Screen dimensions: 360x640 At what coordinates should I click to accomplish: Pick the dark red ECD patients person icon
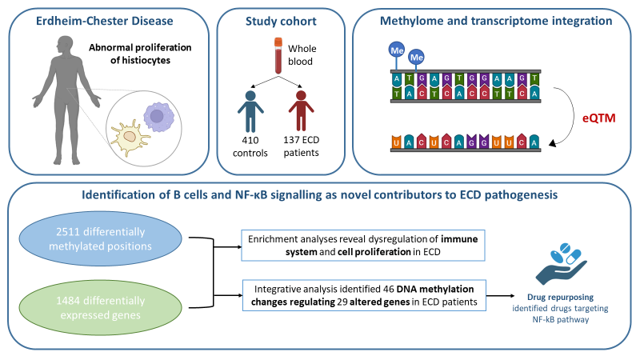tap(301, 111)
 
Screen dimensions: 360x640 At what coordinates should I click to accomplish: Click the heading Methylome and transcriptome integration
tap(489, 22)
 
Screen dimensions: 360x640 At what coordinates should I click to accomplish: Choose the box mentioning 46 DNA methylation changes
tap(363, 296)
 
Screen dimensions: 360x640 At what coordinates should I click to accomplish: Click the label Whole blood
tap(302, 55)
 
